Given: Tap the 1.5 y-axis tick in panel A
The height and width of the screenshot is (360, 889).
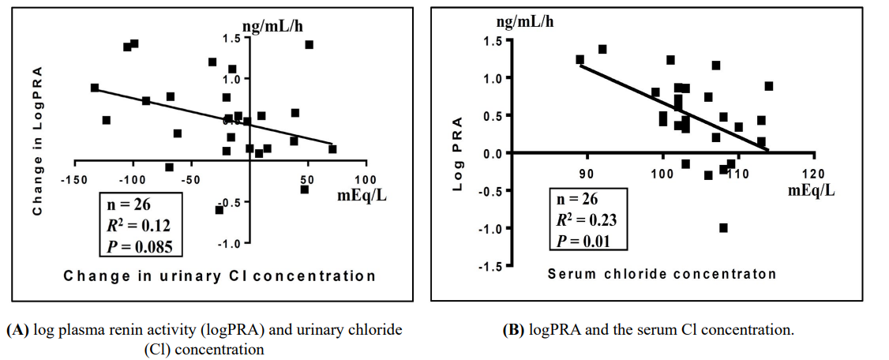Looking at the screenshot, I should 231,39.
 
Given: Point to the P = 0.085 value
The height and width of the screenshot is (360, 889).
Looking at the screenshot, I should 143,246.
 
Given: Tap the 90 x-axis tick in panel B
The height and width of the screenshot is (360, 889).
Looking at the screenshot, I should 587,173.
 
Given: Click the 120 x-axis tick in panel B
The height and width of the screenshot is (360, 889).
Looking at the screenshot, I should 813,173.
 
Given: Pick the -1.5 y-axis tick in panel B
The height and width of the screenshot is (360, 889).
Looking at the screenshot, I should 492,266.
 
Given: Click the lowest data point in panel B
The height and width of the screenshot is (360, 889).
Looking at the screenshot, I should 723,227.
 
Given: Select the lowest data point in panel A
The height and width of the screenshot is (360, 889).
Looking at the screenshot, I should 219,209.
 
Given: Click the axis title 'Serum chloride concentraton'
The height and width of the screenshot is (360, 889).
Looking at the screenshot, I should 662,275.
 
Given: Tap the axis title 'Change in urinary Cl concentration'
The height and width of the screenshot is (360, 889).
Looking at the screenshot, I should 219,276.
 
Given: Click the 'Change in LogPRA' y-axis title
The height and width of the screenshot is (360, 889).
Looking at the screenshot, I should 36,141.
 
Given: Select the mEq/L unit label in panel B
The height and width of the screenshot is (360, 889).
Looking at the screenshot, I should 812,190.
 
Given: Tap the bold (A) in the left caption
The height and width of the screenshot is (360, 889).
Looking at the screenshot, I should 18,330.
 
